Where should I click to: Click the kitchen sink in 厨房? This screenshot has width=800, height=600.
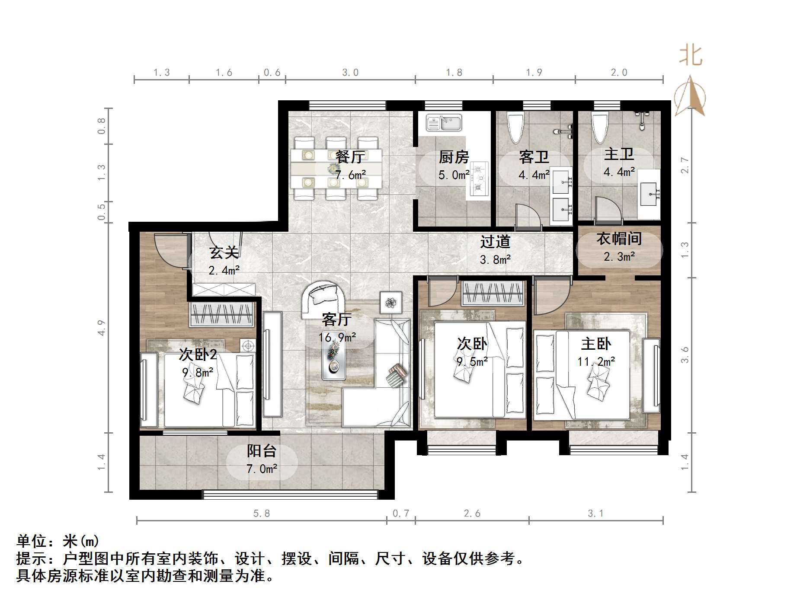point(445,122)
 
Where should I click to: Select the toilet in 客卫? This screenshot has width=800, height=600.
point(515,127)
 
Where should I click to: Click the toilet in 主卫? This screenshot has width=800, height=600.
point(600,127)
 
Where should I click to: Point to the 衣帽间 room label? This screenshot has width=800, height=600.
point(619,239)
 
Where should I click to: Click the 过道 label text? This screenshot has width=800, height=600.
point(495,242)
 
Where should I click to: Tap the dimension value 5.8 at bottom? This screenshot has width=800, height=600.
point(262,514)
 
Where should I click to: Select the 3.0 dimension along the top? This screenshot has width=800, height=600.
point(350,73)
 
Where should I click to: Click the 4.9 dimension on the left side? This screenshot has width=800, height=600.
point(101,327)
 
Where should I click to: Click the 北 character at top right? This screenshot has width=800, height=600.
point(691,56)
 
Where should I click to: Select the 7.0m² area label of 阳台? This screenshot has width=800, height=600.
point(262,469)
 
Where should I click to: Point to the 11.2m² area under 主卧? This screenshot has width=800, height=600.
point(596,361)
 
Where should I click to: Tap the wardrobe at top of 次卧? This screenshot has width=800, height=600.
point(492,293)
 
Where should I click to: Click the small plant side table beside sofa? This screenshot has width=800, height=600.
point(391,302)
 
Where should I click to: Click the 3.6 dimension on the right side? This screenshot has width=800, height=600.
point(684,355)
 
